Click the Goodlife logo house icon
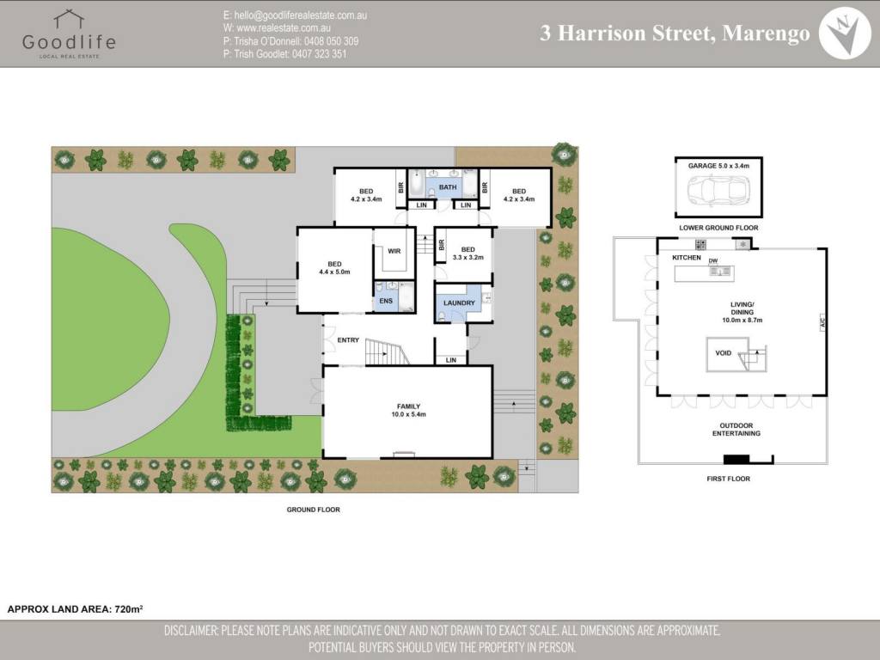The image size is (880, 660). pyautogui.click(x=69, y=19)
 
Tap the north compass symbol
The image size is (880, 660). pyautogui.click(x=845, y=34)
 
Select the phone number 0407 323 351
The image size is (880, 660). pyautogui.click(x=320, y=54)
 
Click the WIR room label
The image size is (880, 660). pyautogui.click(x=394, y=251)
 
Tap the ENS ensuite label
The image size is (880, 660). pyautogui.click(x=386, y=301)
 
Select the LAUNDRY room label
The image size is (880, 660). pyautogui.click(x=459, y=303)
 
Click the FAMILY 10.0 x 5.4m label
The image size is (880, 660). pyautogui.click(x=408, y=410)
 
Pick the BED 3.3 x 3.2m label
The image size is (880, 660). pyautogui.click(x=468, y=254)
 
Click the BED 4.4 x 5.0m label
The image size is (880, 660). pyautogui.click(x=334, y=268)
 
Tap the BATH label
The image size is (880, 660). pyautogui.click(x=448, y=186)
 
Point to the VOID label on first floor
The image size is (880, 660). pyautogui.click(x=724, y=353)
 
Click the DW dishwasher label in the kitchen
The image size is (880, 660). pyautogui.click(x=712, y=261)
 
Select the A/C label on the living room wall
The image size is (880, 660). pyautogui.click(x=822, y=322)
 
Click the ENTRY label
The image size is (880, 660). pyautogui.click(x=348, y=340)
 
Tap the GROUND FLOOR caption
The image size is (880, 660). pyautogui.click(x=313, y=510)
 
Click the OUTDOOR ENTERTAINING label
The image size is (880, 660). pyautogui.click(x=736, y=430)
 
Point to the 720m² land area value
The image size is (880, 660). pyautogui.click(x=129, y=608)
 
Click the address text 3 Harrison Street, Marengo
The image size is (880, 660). pyautogui.click(x=675, y=34)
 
